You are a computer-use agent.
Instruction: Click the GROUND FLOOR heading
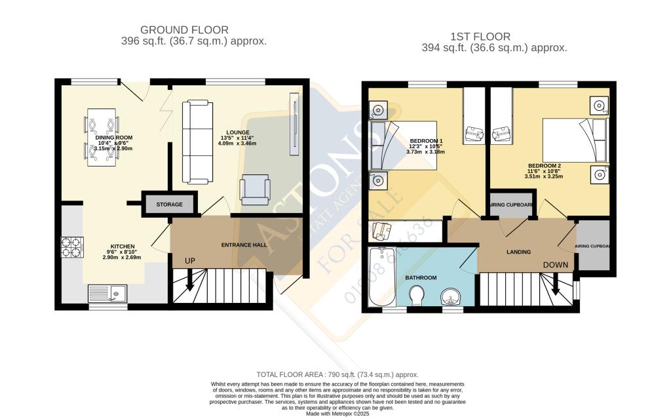click(185, 30)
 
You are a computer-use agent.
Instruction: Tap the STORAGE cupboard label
click(169, 205)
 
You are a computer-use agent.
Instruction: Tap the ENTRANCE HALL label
click(242, 245)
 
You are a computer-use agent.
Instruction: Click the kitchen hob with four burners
click(71, 247)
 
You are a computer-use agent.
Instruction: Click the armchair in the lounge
click(255, 189)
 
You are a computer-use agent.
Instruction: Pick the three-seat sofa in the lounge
click(197, 142)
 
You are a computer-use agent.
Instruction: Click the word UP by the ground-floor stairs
click(189, 262)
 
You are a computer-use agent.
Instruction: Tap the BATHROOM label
click(421, 277)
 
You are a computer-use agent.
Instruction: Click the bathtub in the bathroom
click(381, 277)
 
